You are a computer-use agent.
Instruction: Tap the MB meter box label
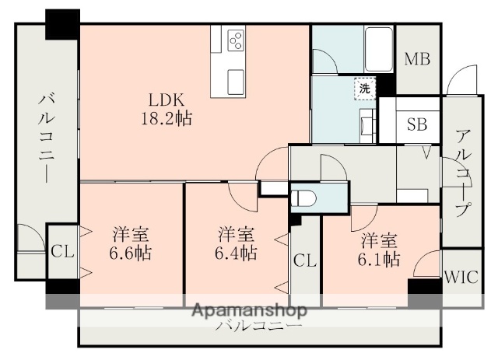[419, 58]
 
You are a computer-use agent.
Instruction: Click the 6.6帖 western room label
[131, 243]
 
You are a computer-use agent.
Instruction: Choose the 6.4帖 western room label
[235, 243]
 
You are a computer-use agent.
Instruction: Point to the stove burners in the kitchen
[236, 40]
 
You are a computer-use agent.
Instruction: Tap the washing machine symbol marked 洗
[364, 89]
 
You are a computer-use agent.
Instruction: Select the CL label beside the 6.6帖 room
[62, 252]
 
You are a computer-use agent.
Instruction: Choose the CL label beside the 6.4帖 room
[304, 260]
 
